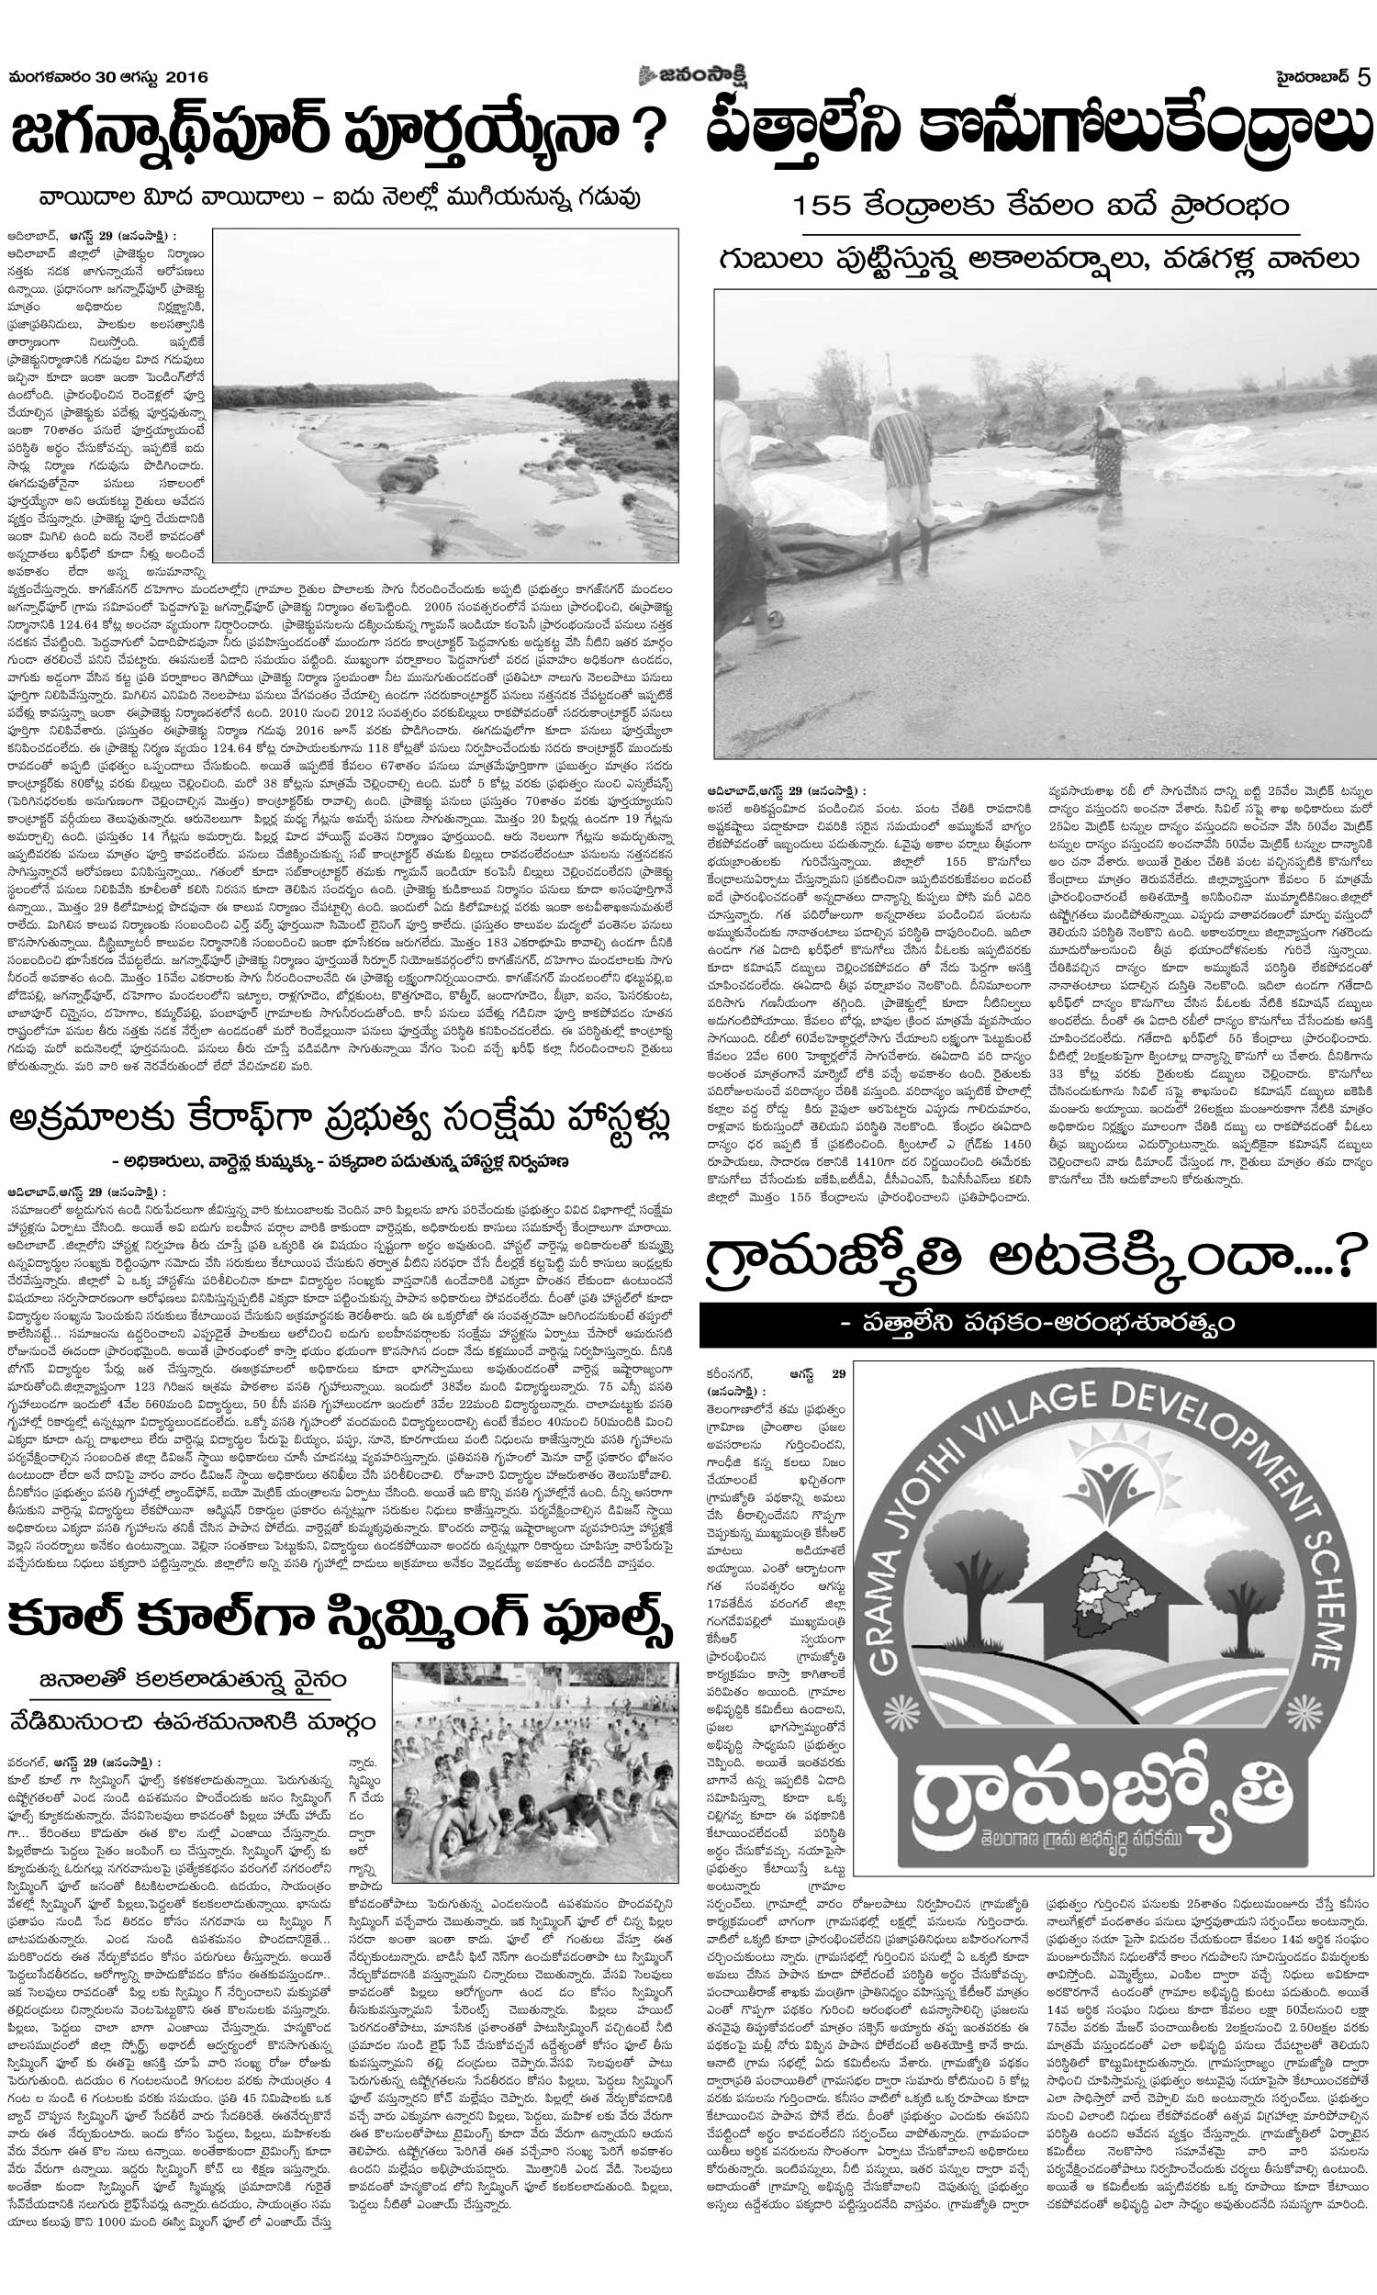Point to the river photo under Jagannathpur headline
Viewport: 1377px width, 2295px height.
pyautogui.click(x=444, y=394)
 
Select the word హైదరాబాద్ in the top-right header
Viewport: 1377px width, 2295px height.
pyautogui.click(x=1308, y=78)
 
